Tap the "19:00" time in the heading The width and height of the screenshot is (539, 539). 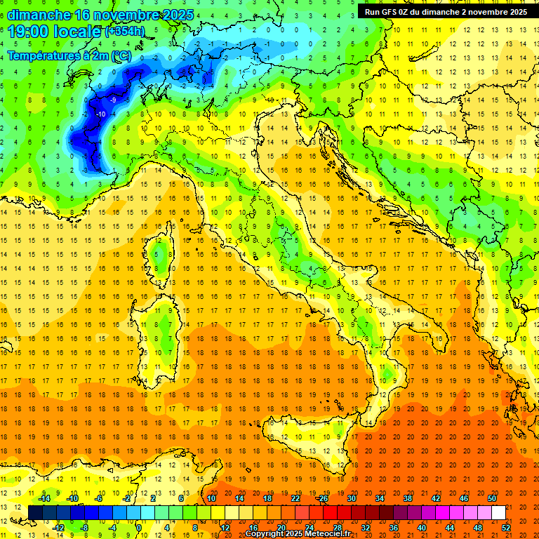click(32, 31)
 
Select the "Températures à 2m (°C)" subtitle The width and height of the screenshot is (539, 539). click(69, 55)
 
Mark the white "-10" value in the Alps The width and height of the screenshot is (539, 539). click(101, 114)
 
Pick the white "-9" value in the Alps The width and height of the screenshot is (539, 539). click(112, 100)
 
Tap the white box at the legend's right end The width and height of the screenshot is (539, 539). click(498, 512)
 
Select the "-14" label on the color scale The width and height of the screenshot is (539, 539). click(45, 498)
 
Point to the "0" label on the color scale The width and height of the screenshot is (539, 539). click(140, 527)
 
